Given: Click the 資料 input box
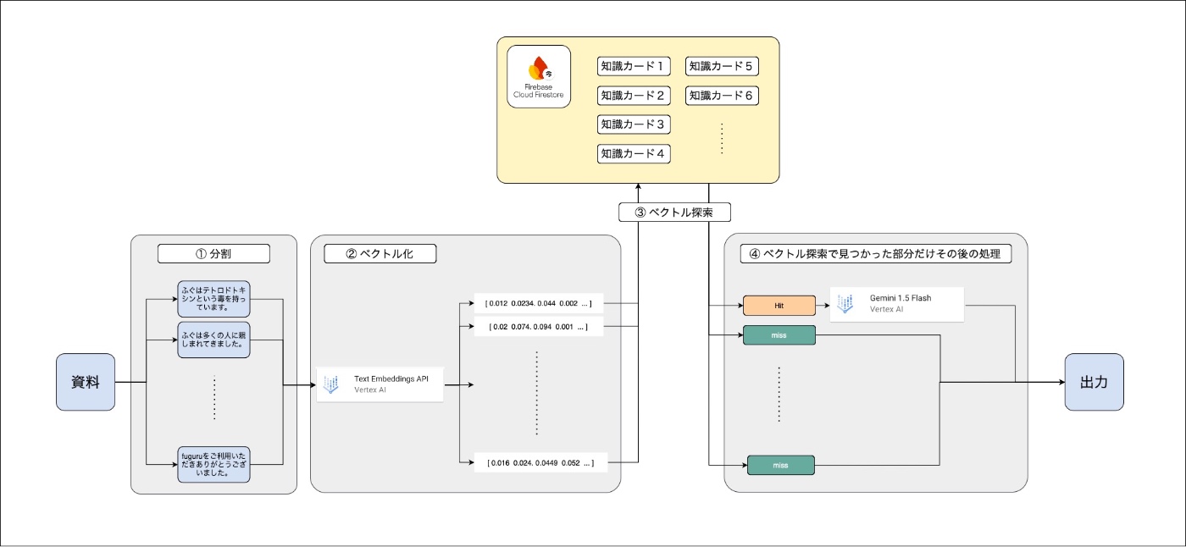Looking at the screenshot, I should (86, 382).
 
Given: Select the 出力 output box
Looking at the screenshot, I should (1094, 382).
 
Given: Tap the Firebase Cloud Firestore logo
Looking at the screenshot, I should (539, 77).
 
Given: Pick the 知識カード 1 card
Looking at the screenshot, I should (634, 66).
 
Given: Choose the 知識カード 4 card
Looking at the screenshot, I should (634, 154).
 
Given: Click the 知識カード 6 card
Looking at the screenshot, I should (721, 96).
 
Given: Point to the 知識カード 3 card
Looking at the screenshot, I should (634, 124).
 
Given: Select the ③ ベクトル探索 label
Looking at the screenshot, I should (674, 211).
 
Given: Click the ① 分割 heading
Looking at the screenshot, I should (213, 253).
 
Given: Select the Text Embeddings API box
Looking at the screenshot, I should (380, 384).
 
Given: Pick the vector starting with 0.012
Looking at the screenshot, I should (539, 303).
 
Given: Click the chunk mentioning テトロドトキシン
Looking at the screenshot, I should (213, 298).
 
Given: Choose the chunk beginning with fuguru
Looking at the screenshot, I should (213, 463).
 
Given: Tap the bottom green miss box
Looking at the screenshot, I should (780, 465).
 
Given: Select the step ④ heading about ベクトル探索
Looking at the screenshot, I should (875, 253).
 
